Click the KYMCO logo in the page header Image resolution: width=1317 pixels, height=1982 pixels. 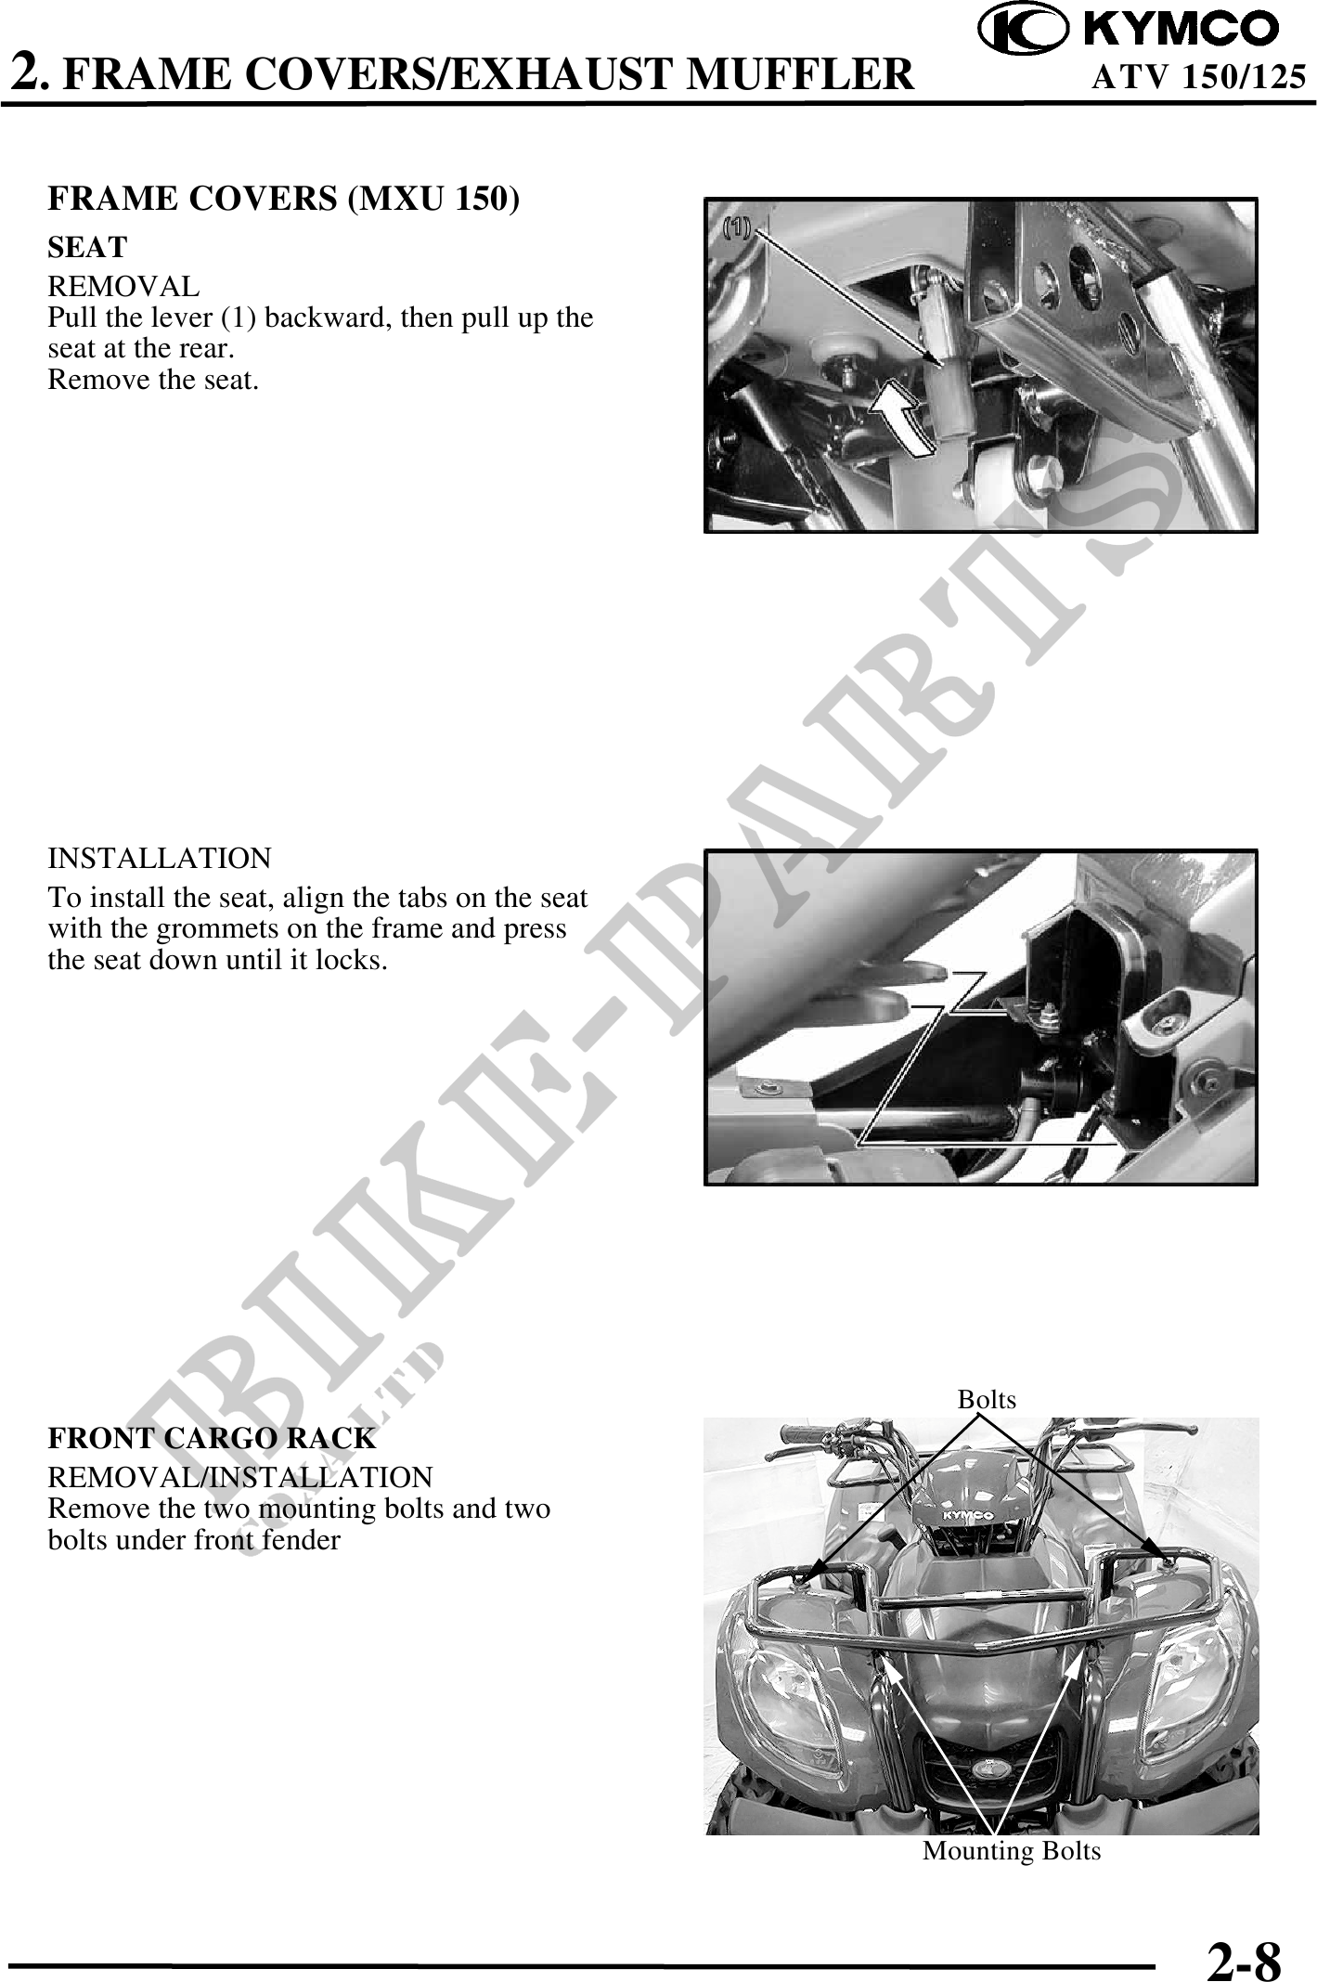point(1129,29)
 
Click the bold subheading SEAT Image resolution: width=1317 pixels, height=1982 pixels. point(87,248)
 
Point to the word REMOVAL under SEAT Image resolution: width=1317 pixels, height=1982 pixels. point(123,286)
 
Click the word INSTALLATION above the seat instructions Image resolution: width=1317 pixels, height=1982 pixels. point(160,858)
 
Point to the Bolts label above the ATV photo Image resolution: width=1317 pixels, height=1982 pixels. point(987,1399)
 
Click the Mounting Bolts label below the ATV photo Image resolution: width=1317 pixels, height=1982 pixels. point(1012,1851)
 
